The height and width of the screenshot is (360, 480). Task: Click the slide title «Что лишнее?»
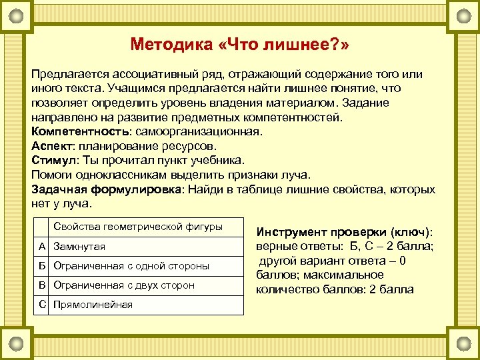coord(240,45)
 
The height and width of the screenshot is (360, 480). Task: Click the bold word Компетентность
coord(73,130)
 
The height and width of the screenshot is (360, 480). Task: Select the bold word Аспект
coord(53,145)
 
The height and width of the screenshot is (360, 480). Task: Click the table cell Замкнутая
coord(79,247)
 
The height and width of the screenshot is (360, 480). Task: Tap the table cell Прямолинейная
coord(93,305)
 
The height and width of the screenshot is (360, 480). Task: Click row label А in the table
coord(42,247)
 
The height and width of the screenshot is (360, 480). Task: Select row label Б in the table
coord(42,266)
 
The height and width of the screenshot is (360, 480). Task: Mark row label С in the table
coord(42,305)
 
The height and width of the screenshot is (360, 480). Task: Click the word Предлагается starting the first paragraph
coord(70,72)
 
